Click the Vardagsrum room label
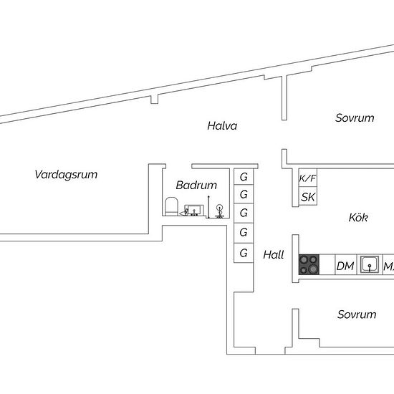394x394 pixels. [x=66, y=174]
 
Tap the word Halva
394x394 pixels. [x=222, y=125]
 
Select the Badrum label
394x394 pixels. [x=196, y=186]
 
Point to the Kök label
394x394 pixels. [x=358, y=217]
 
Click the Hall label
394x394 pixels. [x=274, y=255]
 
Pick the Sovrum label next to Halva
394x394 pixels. [x=355, y=118]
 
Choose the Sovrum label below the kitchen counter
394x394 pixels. [x=357, y=314]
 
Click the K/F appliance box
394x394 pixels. [x=308, y=178]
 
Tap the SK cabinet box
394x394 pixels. [x=308, y=196]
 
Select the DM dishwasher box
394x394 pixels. [x=346, y=264]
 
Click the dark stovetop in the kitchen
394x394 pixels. [x=309, y=264]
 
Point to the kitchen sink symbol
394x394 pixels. [x=370, y=264]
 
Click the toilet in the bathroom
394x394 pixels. [x=172, y=206]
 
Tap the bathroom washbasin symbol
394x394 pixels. [x=194, y=211]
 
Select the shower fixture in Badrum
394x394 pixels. [x=220, y=211]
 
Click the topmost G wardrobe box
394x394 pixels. [x=244, y=177]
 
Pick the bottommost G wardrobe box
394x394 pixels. [x=244, y=253]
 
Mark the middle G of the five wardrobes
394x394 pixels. [x=244, y=213]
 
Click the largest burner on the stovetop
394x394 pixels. [x=313, y=269]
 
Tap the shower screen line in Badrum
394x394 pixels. [x=208, y=207]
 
